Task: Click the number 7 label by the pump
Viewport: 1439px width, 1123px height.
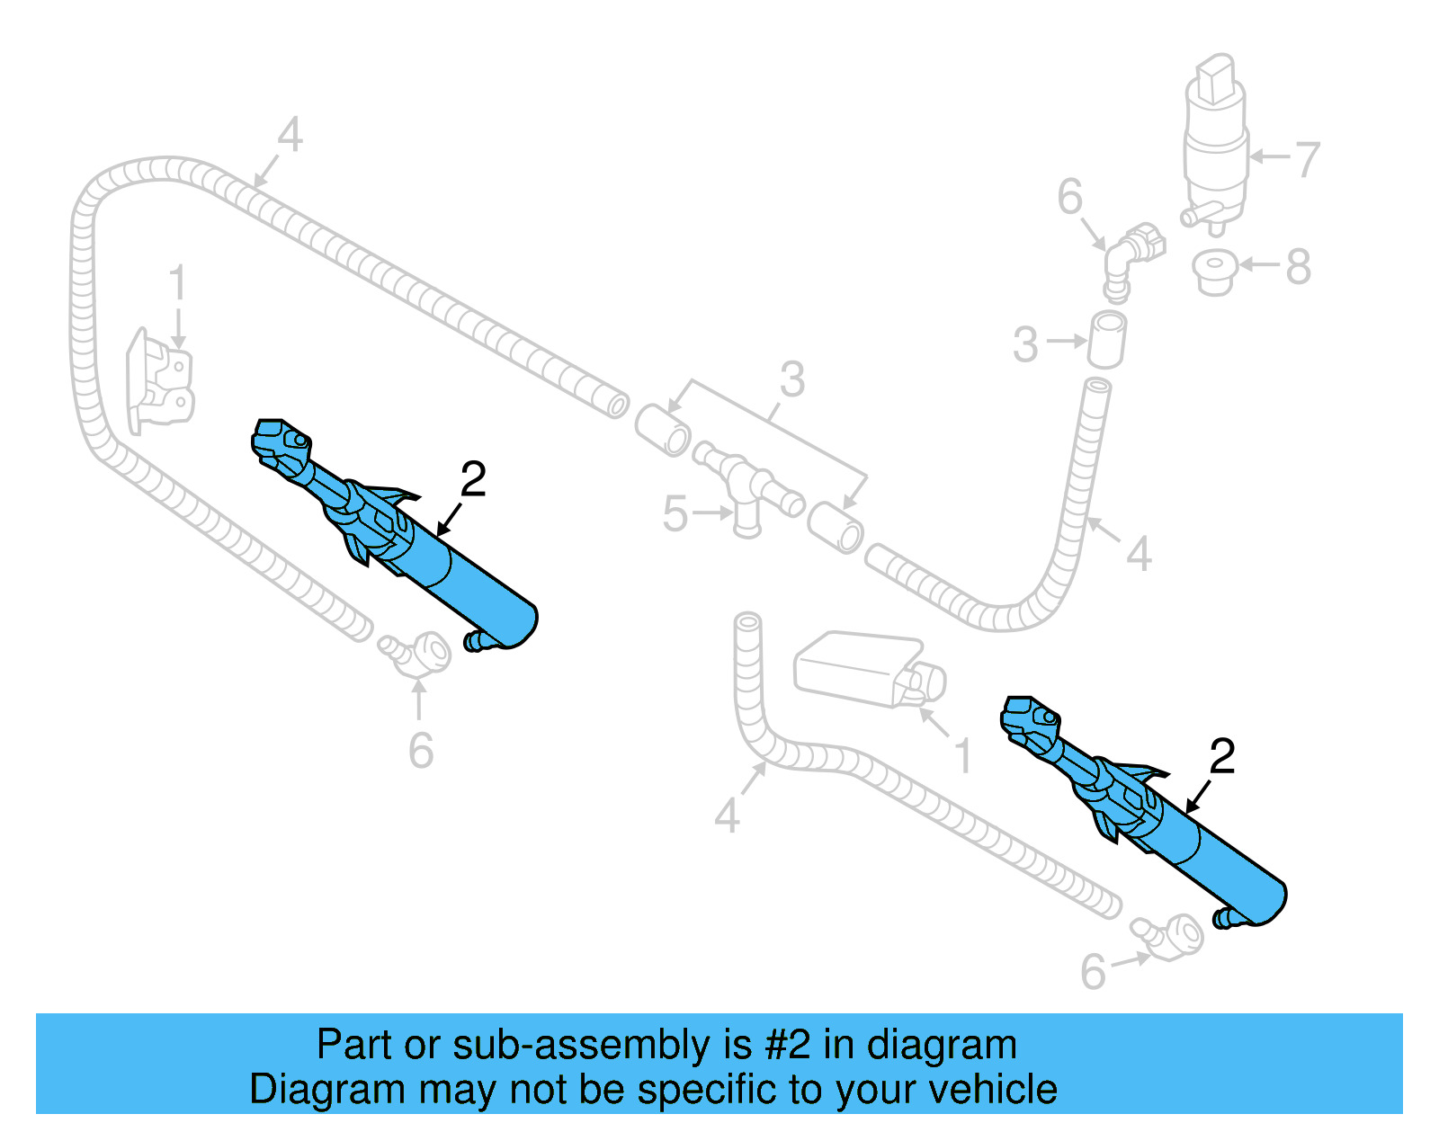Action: (x=1306, y=159)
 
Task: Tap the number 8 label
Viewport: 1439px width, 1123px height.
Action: (x=1298, y=266)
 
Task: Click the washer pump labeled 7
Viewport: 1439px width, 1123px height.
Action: (x=1216, y=144)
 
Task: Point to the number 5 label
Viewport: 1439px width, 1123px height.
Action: (x=675, y=514)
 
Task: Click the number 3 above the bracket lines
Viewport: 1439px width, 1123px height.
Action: (x=791, y=379)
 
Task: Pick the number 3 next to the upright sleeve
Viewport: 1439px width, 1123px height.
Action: (x=1025, y=345)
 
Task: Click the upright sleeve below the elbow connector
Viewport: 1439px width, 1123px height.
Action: (x=1107, y=340)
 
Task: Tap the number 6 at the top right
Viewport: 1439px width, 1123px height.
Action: (x=1069, y=197)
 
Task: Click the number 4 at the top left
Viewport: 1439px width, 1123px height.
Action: (x=289, y=136)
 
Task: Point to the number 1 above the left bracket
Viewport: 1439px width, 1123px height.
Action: (x=177, y=282)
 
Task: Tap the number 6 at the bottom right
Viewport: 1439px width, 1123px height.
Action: (x=1092, y=972)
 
